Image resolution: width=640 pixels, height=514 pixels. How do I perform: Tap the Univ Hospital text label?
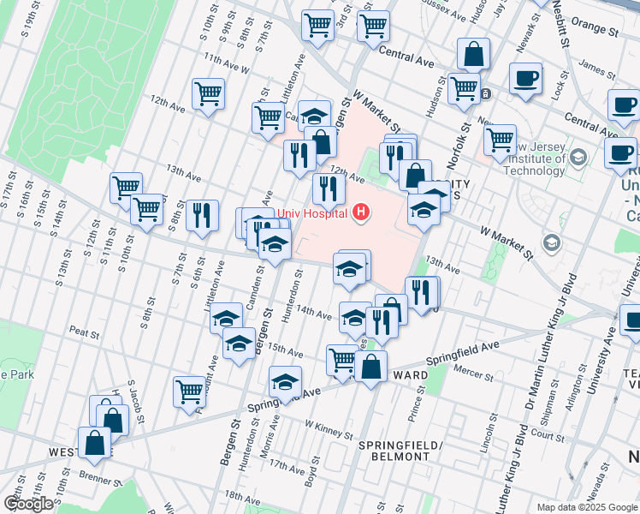(313, 213)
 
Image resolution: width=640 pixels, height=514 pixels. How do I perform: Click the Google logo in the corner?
(28, 503)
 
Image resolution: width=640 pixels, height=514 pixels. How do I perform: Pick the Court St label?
(548, 433)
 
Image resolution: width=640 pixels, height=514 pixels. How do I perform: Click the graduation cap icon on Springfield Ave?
(286, 381)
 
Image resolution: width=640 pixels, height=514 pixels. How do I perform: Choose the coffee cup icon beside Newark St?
(525, 78)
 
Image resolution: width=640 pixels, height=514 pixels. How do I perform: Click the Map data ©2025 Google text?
(586, 507)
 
